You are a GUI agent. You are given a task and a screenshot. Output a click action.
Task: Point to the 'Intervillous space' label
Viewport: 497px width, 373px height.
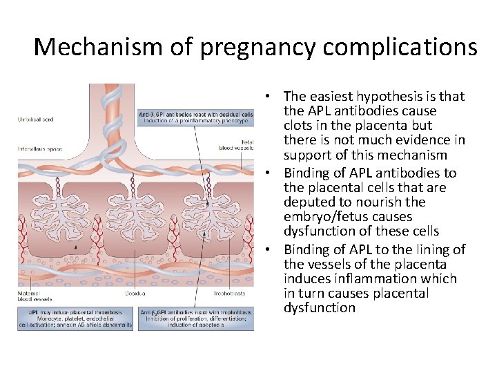(x=39, y=146)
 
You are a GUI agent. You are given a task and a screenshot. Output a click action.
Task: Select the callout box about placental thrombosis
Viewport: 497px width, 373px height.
(x=76, y=318)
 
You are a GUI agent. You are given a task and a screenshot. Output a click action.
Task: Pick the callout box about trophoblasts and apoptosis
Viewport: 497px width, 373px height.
(x=196, y=318)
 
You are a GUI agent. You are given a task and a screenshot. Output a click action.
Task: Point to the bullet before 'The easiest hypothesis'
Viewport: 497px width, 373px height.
(x=266, y=97)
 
